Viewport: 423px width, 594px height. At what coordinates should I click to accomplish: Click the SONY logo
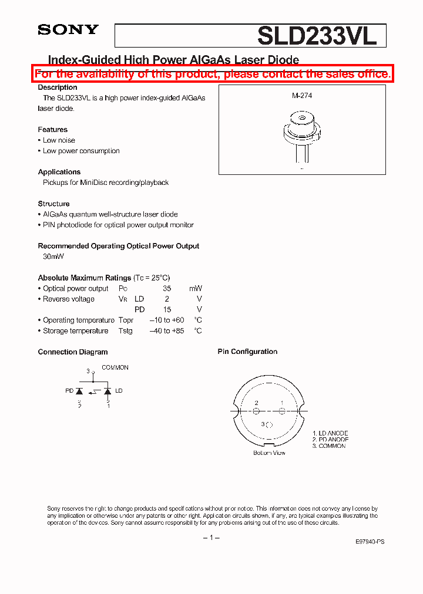pyautogui.click(x=68, y=30)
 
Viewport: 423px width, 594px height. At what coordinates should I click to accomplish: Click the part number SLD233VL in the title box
pyautogui.click(x=316, y=36)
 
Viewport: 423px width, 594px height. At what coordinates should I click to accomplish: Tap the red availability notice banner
pyautogui.click(x=211, y=74)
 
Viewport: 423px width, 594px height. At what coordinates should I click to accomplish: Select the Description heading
pyautogui.click(x=58, y=87)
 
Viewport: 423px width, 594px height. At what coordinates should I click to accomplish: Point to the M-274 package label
pyautogui.click(x=302, y=95)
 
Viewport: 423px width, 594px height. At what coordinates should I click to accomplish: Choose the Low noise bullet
pyautogui.click(x=59, y=140)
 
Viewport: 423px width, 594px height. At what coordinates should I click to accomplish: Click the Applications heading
pyautogui.click(x=59, y=172)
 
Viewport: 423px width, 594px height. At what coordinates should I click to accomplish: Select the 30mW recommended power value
pyautogui.click(x=53, y=256)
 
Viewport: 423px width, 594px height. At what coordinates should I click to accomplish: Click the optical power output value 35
pyautogui.click(x=167, y=288)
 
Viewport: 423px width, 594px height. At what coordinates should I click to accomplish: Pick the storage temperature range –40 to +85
pyautogui.click(x=167, y=331)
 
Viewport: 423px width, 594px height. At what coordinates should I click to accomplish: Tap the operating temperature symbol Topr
pyautogui.click(x=126, y=320)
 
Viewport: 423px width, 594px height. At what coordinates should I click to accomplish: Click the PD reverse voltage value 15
pyautogui.click(x=167, y=309)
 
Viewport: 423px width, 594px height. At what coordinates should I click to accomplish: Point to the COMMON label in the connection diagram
pyautogui.click(x=115, y=367)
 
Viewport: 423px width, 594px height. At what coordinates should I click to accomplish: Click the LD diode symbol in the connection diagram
pyautogui.click(x=108, y=391)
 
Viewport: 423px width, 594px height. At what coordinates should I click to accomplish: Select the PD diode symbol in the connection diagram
pyautogui.click(x=80, y=391)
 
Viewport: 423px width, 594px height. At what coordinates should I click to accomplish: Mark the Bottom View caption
pyautogui.click(x=269, y=453)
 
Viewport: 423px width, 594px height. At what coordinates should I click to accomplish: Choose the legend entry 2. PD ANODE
pyautogui.click(x=330, y=440)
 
